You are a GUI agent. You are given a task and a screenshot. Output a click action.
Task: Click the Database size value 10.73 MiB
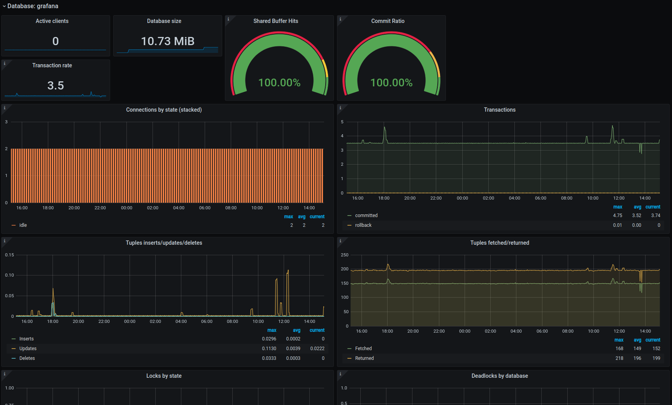point(168,41)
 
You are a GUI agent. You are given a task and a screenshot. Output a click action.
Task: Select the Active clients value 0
point(56,41)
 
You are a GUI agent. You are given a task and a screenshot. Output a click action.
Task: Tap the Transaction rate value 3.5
point(56,86)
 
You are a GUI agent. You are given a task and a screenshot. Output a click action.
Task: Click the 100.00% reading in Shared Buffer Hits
point(279,82)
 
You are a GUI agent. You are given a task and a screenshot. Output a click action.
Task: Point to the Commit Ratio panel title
point(388,21)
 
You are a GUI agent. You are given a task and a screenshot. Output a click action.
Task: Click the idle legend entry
point(23,225)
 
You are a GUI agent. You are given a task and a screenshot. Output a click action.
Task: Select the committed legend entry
point(366,216)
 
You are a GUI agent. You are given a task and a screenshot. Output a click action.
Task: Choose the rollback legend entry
point(363,225)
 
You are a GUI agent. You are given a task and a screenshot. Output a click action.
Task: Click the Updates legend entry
point(28,349)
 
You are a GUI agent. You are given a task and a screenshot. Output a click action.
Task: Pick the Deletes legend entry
point(27,358)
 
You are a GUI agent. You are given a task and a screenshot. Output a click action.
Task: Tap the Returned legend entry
point(365,358)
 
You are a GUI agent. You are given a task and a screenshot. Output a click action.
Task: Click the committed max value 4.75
point(618,216)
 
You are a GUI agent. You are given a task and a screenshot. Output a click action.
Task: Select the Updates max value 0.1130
point(269,349)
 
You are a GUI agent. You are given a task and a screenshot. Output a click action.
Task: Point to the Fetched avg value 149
point(637,349)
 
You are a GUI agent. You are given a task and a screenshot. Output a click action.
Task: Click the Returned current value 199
point(656,358)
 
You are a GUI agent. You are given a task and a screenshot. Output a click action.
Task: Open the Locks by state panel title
point(164,376)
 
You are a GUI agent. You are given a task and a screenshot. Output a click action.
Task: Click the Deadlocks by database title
point(500,376)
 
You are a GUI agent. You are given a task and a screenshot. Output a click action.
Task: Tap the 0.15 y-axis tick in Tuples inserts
point(9,255)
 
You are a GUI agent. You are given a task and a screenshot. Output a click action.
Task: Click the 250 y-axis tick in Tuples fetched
point(345,255)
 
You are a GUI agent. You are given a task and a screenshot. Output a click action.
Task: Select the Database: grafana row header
point(33,6)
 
